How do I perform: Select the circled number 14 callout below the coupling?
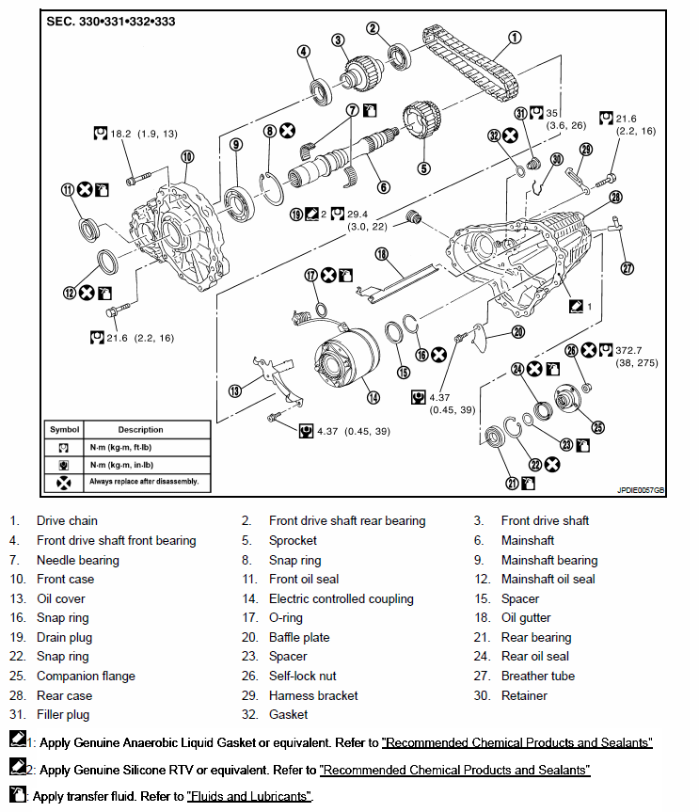pyautogui.click(x=373, y=398)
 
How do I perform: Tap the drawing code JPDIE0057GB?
pyautogui.click(x=641, y=490)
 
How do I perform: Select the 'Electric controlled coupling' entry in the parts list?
pyautogui.click(x=342, y=598)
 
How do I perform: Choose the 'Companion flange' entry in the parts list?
pyautogui.click(x=86, y=676)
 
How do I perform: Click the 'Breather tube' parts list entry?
pyautogui.click(x=537, y=676)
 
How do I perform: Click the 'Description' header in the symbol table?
pyautogui.click(x=140, y=430)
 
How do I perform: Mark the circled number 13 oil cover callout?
pyautogui.click(x=236, y=390)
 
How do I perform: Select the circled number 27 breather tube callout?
pyautogui.click(x=628, y=266)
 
